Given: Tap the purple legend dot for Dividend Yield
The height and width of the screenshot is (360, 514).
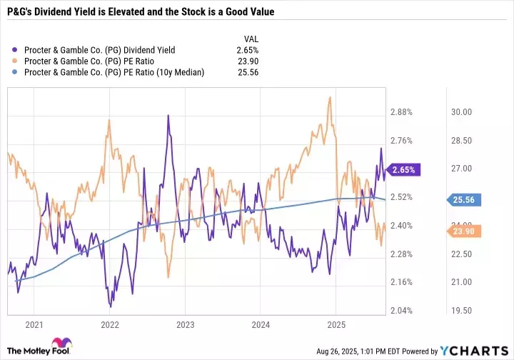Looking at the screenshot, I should pyautogui.click(x=16, y=50).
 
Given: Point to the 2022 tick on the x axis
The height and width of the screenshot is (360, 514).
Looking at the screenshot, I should pyautogui.click(x=110, y=324).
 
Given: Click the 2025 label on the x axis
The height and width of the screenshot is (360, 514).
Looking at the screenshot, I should pyautogui.click(x=336, y=324).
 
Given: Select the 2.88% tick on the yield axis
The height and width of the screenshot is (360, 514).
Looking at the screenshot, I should pyautogui.click(x=402, y=112).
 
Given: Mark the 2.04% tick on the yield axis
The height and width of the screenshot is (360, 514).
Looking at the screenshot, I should pyautogui.click(x=402, y=311).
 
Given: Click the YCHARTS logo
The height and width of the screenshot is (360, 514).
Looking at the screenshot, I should pyautogui.click(x=479, y=350).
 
